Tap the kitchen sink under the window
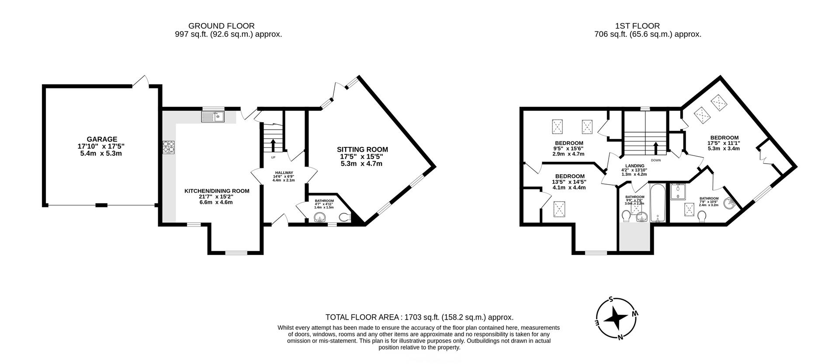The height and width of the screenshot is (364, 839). [x=213, y=116]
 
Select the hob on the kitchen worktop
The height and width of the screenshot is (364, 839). [x=169, y=147]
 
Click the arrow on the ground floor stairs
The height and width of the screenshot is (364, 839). [x=273, y=145]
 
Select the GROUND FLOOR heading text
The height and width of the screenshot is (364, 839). [x=221, y=26]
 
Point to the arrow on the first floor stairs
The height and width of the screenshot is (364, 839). [x=655, y=148]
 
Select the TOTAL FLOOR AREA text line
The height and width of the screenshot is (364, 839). [x=419, y=317]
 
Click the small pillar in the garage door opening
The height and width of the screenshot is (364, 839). [x=101, y=205]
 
